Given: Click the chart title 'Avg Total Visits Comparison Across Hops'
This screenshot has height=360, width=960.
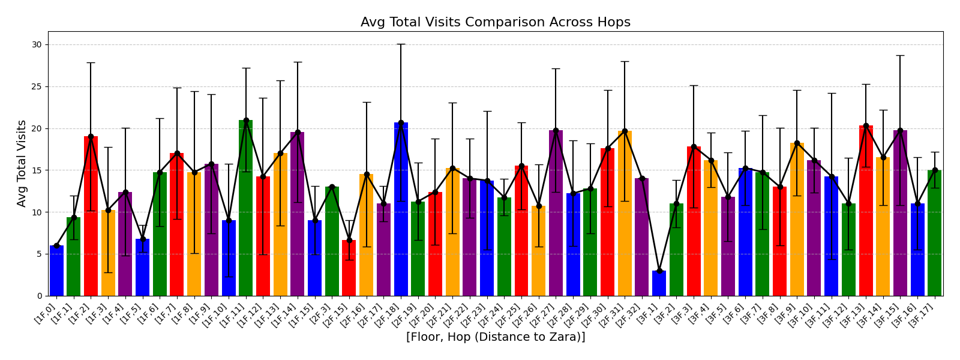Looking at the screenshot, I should (495, 23).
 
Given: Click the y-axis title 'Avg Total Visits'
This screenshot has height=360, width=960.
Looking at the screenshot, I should (22, 163).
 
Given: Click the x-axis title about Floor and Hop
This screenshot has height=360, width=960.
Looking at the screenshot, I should (495, 337).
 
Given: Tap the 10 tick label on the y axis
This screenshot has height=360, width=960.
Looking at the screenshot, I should (37, 212).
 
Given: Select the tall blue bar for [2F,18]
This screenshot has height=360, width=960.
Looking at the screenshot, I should (401, 209).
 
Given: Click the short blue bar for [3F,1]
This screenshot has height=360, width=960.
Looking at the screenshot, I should (659, 284).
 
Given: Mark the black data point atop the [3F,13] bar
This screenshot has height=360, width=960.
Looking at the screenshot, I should (866, 125).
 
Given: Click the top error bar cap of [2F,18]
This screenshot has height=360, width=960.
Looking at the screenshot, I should (401, 44).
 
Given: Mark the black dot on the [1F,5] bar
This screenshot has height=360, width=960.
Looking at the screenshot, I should (143, 239).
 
